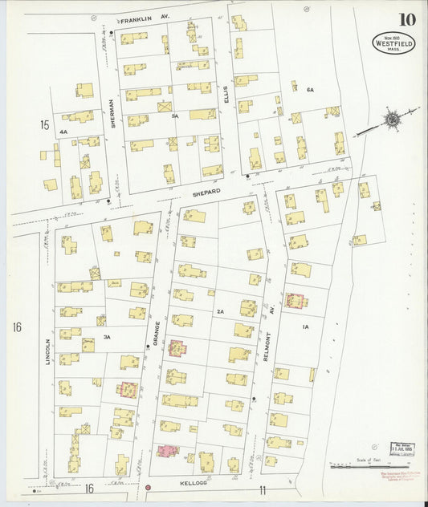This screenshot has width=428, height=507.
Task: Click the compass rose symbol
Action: [x=391, y=120]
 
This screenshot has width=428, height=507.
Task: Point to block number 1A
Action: [x=305, y=327]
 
